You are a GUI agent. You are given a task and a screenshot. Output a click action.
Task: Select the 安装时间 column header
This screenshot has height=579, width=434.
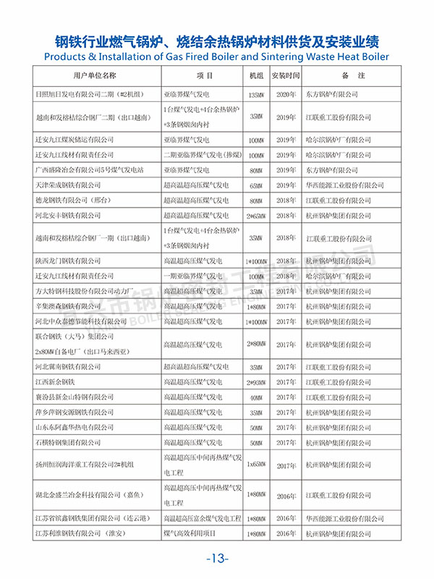(x=284, y=75)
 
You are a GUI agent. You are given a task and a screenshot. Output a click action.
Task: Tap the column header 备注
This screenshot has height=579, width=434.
(x=353, y=75)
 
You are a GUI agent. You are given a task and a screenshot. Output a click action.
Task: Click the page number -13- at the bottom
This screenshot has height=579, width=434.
(x=217, y=558)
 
